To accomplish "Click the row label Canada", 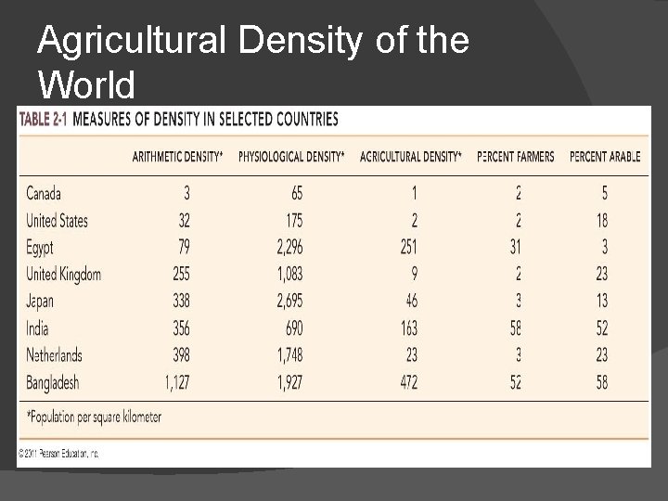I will (44, 194).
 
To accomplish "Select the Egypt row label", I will (41, 248).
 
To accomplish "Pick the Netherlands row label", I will (55, 354).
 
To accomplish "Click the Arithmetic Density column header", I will (177, 157).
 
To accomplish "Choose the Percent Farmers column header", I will (516, 157).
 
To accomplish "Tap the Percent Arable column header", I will (604, 157).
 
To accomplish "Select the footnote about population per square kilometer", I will (94, 417).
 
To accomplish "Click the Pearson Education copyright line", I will (58, 454).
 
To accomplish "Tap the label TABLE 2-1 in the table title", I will (42, 119).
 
